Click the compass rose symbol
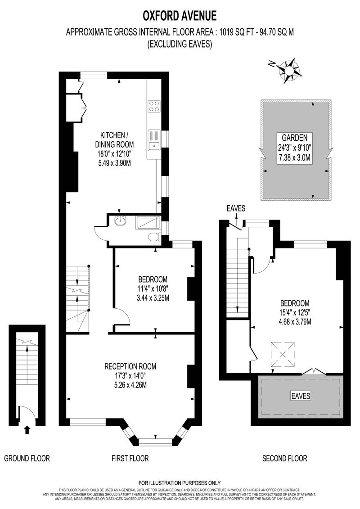coord(287,69)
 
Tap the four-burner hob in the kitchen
coord(154,106)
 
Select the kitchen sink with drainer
coord(154,140)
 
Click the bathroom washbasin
coord(121,221)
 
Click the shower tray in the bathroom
coord(148,223)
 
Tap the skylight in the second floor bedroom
coord(283,354)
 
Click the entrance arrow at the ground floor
coord(27,430)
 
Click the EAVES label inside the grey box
coord(300,396)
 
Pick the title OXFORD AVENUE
coord(180,15)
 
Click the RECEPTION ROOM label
coord(130,366)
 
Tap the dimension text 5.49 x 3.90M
coord(114,163)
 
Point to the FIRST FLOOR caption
coord(130,458)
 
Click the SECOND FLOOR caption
coord(284,458)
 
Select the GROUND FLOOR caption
coord(27,458)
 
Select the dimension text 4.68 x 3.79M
coord(295,322)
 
